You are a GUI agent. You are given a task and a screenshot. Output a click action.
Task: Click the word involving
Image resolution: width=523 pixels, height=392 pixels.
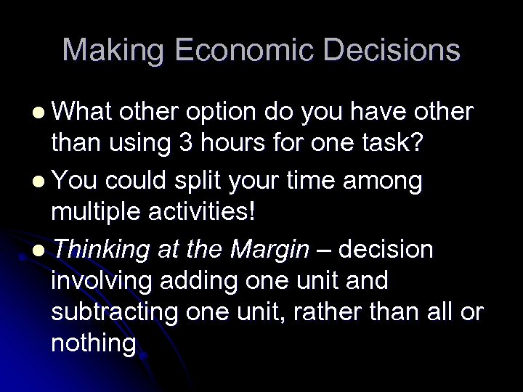pyautogui.click(x=97, y=282)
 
